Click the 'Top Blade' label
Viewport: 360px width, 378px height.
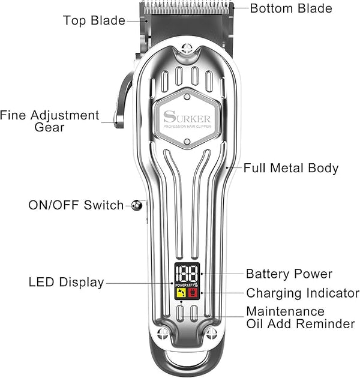click(x=94, y=20)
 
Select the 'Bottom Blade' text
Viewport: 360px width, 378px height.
click(x=291, y=8)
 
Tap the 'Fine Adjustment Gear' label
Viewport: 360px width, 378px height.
click(x=50, y=121)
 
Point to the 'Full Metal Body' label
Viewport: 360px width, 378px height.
click(x=291, y=168)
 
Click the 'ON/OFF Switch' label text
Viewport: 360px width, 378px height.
click(x=76, y=205)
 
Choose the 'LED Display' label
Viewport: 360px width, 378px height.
click(x=66, y=282)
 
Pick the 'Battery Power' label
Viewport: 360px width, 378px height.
click(x=289, y=274)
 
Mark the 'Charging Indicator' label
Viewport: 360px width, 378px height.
click(x=303, y=293)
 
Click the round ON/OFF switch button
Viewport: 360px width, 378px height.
click(x=137, y=205)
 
